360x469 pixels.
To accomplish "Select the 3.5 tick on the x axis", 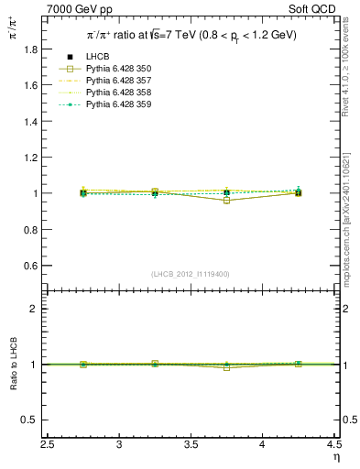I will coord(191,444).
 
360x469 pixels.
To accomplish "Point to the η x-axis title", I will coord(335,457).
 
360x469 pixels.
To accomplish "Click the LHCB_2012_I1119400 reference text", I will coord(191,274).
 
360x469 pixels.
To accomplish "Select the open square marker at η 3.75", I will coord(227,200).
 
